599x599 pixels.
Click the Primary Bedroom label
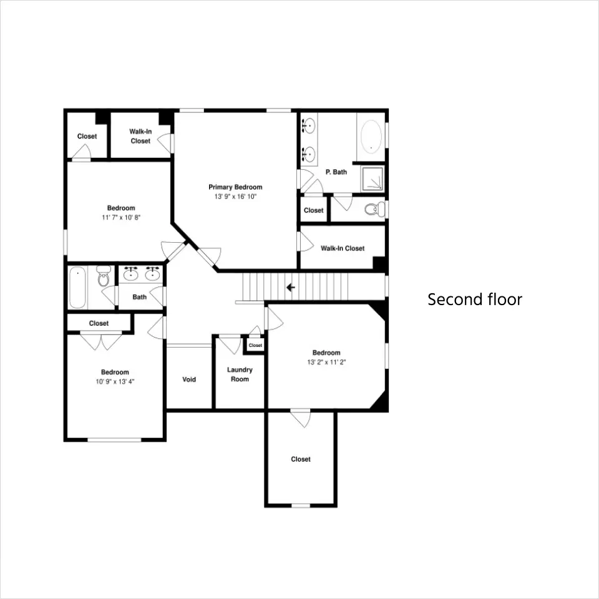235,187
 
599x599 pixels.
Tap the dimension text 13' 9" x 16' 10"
235,197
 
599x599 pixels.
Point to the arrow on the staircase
291,287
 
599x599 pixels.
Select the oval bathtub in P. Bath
371,137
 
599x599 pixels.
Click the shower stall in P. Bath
373,179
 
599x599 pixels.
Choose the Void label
189,379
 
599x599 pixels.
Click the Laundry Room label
240,374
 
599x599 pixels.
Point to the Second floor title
475,299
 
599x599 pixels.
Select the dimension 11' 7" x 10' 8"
121,218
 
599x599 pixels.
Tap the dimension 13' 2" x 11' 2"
326,362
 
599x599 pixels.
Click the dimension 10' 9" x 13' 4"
115,382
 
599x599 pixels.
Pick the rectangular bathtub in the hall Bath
77,287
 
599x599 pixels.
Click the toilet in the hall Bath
104,276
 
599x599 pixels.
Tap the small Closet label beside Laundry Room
255,345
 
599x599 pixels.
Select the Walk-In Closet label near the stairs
343,248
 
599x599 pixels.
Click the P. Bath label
336,172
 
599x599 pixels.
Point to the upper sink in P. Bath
309,125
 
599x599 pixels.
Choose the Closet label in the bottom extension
301,459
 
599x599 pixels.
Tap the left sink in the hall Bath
131,273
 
